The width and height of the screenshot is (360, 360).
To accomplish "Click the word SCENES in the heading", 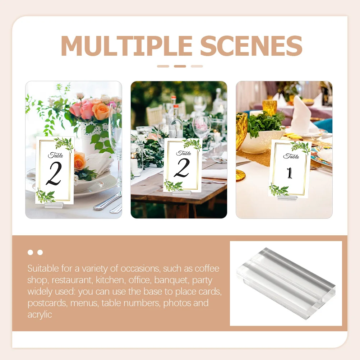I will coord(251,46).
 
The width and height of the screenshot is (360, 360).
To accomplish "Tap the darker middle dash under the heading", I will coord(180,66).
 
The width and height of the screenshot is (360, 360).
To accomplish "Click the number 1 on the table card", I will coord(289,172).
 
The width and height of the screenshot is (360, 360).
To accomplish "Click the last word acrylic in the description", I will coord(40,314).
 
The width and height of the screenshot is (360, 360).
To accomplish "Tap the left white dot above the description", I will coord(31,253).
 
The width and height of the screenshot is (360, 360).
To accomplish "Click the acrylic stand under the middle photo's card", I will coord(181,193).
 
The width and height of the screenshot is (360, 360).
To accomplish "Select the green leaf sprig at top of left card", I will coord(65,144).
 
